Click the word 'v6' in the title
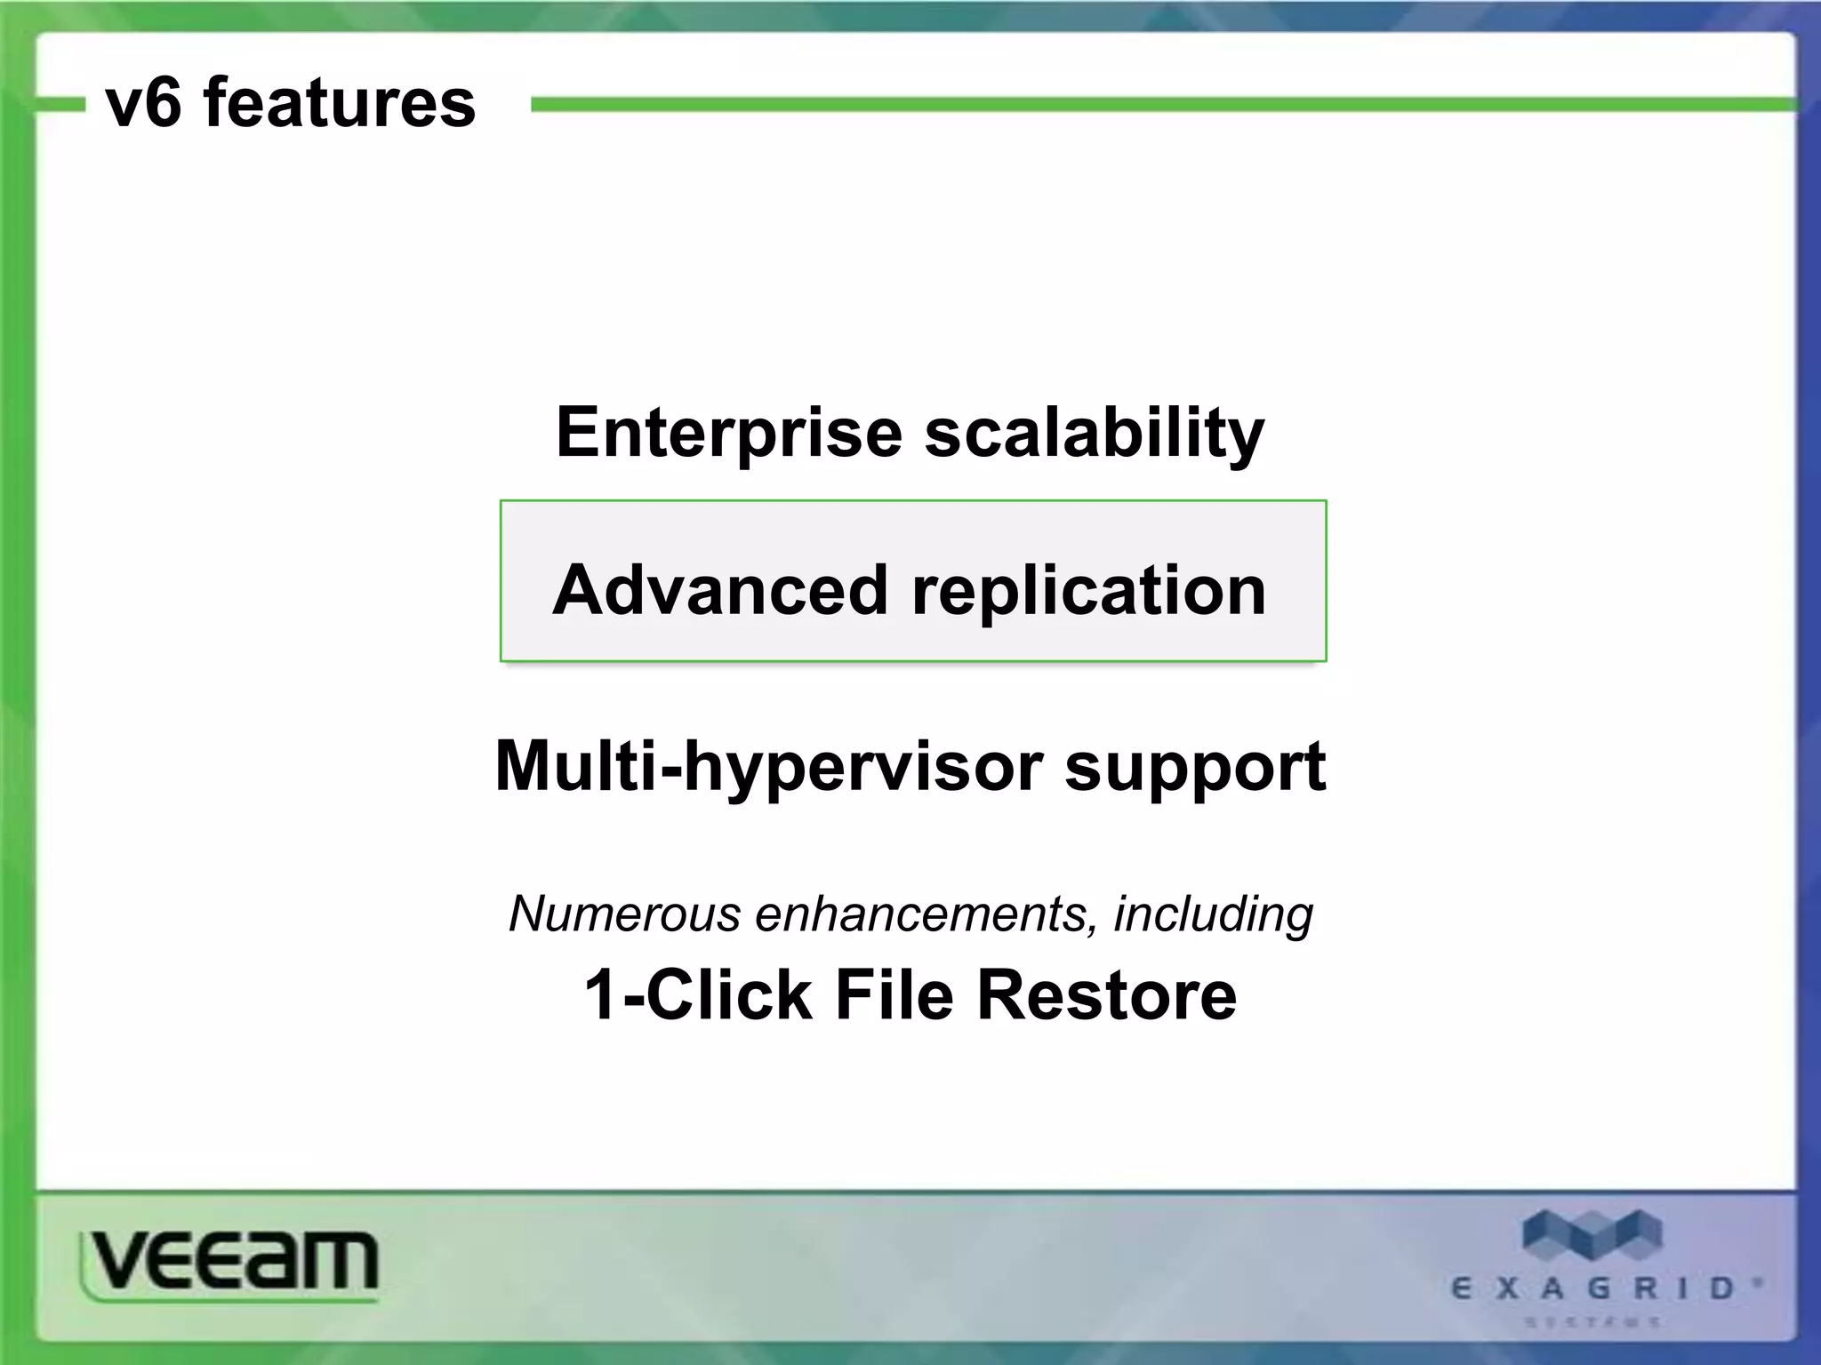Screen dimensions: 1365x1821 tap(144, 103)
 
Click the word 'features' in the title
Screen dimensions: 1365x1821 tap(340, 103)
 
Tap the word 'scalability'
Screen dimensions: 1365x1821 tap(1095, 433)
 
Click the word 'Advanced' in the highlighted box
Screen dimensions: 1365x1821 tap(720, 590)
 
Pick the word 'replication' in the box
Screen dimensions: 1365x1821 tap(1089, 590)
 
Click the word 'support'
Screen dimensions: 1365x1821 tap(1195, 766)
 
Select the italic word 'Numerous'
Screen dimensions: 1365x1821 tap(624, 914)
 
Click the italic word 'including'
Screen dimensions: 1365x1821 tap(1214, 914)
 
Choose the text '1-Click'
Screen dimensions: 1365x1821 tap(698, 994)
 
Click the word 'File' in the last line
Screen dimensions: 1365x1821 tap(894, 994)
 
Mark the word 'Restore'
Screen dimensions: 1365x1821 tap(1107, 994)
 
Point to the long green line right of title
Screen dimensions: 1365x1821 tap(1156, 105)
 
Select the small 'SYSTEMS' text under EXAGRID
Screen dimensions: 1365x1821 tap(1592, 1322)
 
